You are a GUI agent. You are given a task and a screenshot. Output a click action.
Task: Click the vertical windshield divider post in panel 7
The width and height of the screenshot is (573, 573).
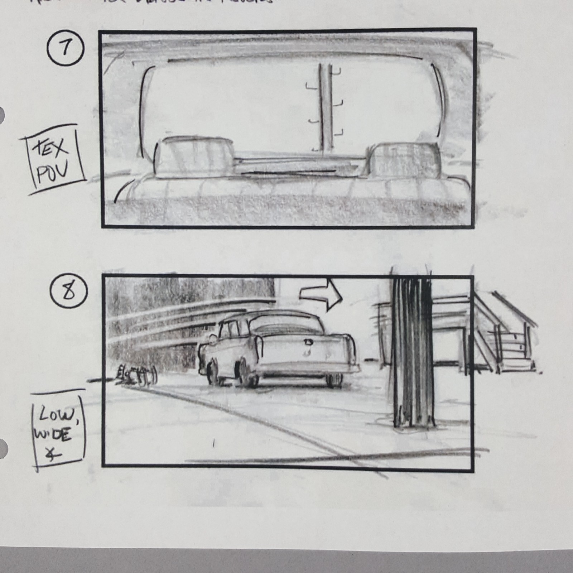[326, 107]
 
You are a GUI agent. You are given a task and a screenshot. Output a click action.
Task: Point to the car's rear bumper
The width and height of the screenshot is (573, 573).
[308, 369]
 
